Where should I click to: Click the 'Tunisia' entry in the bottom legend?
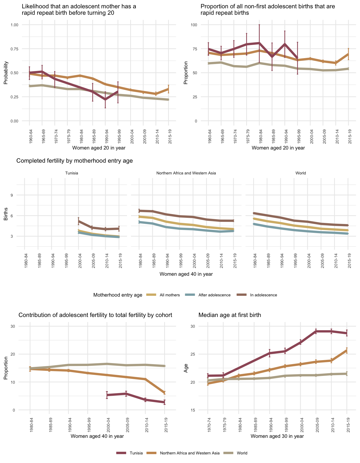click(x=136, y=453)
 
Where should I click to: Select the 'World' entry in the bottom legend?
click(x=242, y=453)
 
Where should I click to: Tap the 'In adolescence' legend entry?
click(x=263, y=295)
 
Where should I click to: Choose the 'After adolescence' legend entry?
click(x=214, y=295)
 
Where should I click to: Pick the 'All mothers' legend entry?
click(x=170, y=295)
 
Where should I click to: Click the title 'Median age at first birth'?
click(x=230, y=315)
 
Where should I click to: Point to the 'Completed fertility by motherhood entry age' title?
click(x=74, y=161)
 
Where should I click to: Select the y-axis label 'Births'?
click(x=6, y=214)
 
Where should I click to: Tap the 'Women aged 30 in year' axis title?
click(x=277, y=436)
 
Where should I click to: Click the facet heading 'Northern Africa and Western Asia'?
click(x=186, y=173)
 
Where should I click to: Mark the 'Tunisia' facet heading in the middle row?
click(x=72, y=173)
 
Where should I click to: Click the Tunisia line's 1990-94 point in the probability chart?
click(x=105, y=100)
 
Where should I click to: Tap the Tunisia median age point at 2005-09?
click(x=316, y=331)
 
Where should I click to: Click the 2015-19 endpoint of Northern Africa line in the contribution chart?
click(x=164, y=393)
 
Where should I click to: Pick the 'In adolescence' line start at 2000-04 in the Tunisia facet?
click(x=78, y=221)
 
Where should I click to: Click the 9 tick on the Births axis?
click(x=12, y=195)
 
